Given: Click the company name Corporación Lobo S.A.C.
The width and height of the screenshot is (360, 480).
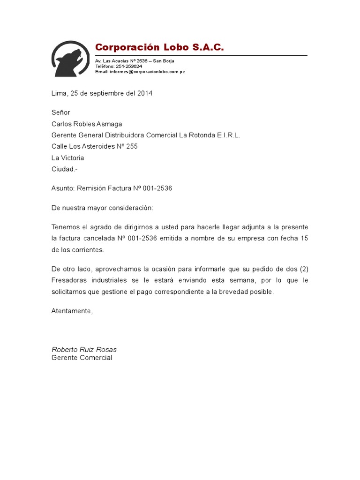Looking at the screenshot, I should coord(159,47).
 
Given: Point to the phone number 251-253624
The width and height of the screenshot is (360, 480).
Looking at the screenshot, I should coord(129,67).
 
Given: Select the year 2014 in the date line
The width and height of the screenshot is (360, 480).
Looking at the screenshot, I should coord(145,93).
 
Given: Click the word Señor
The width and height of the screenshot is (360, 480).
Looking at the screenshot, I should coord(60,112).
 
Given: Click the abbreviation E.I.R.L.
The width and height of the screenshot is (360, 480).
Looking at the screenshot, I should coord(228,135).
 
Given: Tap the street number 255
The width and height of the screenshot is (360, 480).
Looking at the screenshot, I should coord(132,146).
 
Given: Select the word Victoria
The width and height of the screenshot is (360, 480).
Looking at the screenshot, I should coord(72,158).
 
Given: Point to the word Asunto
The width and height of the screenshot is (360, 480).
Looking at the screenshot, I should coord(62,188).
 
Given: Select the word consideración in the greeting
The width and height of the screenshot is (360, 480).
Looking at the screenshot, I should coord(130,208).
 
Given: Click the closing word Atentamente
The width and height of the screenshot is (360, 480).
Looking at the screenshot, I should coord(72,311).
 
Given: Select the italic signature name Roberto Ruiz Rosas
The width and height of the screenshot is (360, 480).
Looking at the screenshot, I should coord(84,350).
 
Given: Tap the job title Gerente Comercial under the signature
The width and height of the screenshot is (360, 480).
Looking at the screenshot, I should coord(82,358).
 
